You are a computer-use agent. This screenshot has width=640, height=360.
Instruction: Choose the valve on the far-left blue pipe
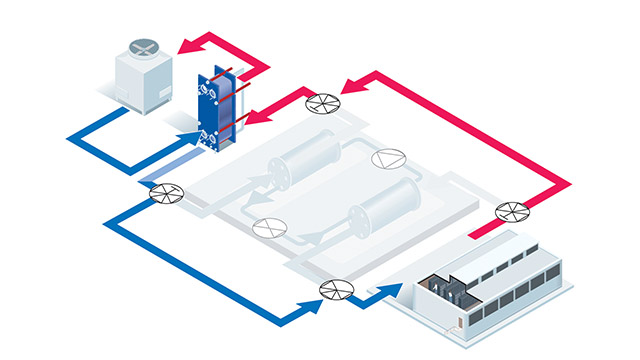point(162,195)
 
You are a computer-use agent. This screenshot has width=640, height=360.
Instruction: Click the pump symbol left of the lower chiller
point(264,227)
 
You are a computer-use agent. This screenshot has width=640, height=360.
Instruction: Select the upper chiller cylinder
point(301,160)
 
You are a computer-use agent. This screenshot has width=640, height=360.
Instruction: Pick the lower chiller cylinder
point(385,214)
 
